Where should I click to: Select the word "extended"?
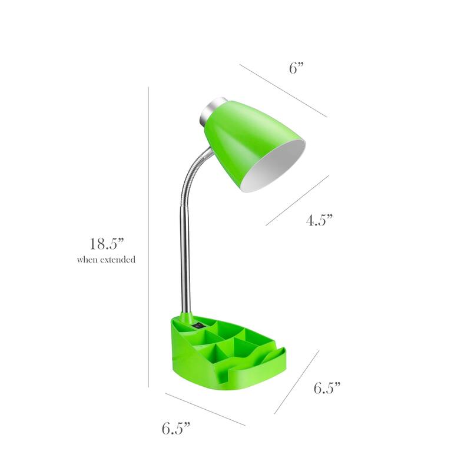coord(118,260)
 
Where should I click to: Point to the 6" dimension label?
coord(296,68)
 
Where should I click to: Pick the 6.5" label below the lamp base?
coord(176,429)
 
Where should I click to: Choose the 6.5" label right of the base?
coord(327,388)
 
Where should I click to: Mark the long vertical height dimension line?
coord(148,235)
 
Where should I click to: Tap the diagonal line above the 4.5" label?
coord(297,200)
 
